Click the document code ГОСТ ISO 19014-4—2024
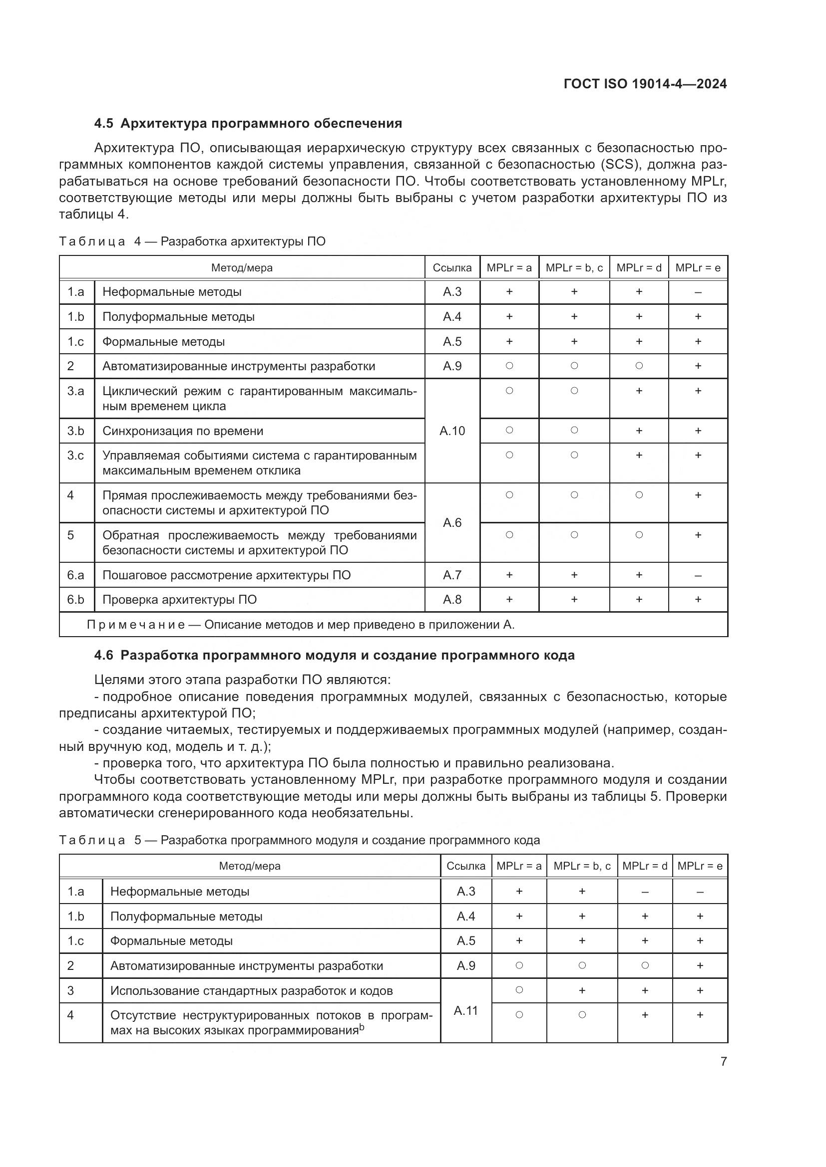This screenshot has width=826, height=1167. (645, 84)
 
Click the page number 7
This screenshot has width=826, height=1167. (723, 1061)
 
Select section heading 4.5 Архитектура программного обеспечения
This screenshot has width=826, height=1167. (248, 124)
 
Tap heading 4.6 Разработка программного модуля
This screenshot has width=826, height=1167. (334, 655)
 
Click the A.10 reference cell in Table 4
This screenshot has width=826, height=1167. (451, 431)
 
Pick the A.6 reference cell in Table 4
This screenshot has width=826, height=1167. (451, 522)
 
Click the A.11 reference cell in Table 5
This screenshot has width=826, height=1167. (465, 1010)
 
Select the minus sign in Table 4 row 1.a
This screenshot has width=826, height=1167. (698, 292)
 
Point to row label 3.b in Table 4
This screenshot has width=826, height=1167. (76, 431)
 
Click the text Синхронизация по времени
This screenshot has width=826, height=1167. (183, 431)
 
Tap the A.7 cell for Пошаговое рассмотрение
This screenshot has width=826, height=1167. (451, 575)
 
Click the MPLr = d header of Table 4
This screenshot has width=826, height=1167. (639, 268)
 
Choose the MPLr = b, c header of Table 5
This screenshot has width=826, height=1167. (582, 866)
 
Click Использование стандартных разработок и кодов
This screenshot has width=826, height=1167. (251, 991)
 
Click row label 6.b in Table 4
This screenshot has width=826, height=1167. (76, 600)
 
